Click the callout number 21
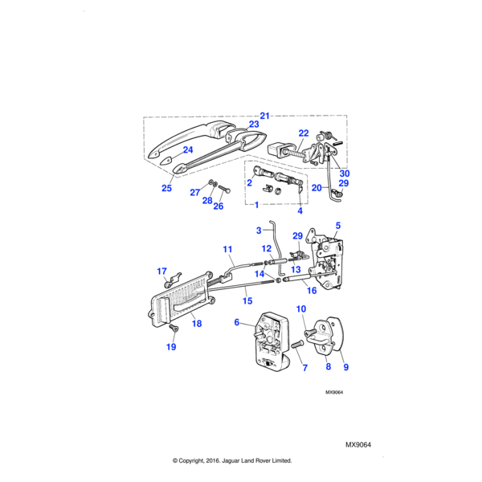(x=265, y=115)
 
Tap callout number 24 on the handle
(x=188, y=149)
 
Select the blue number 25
(x=166, y=188)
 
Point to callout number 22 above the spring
(x=304, y=133)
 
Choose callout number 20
(x=317, y=188)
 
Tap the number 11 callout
(x=227, y=249)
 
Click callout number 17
(x=161, y=271)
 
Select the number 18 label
(x=197, y=323)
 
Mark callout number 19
(x=170, y=347)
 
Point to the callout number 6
(x=237, y=322)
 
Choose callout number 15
(x=248, y=301)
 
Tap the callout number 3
(x=259, y=231)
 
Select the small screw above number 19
(x=174, y=329)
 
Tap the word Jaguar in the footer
(x=241, y=461)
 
